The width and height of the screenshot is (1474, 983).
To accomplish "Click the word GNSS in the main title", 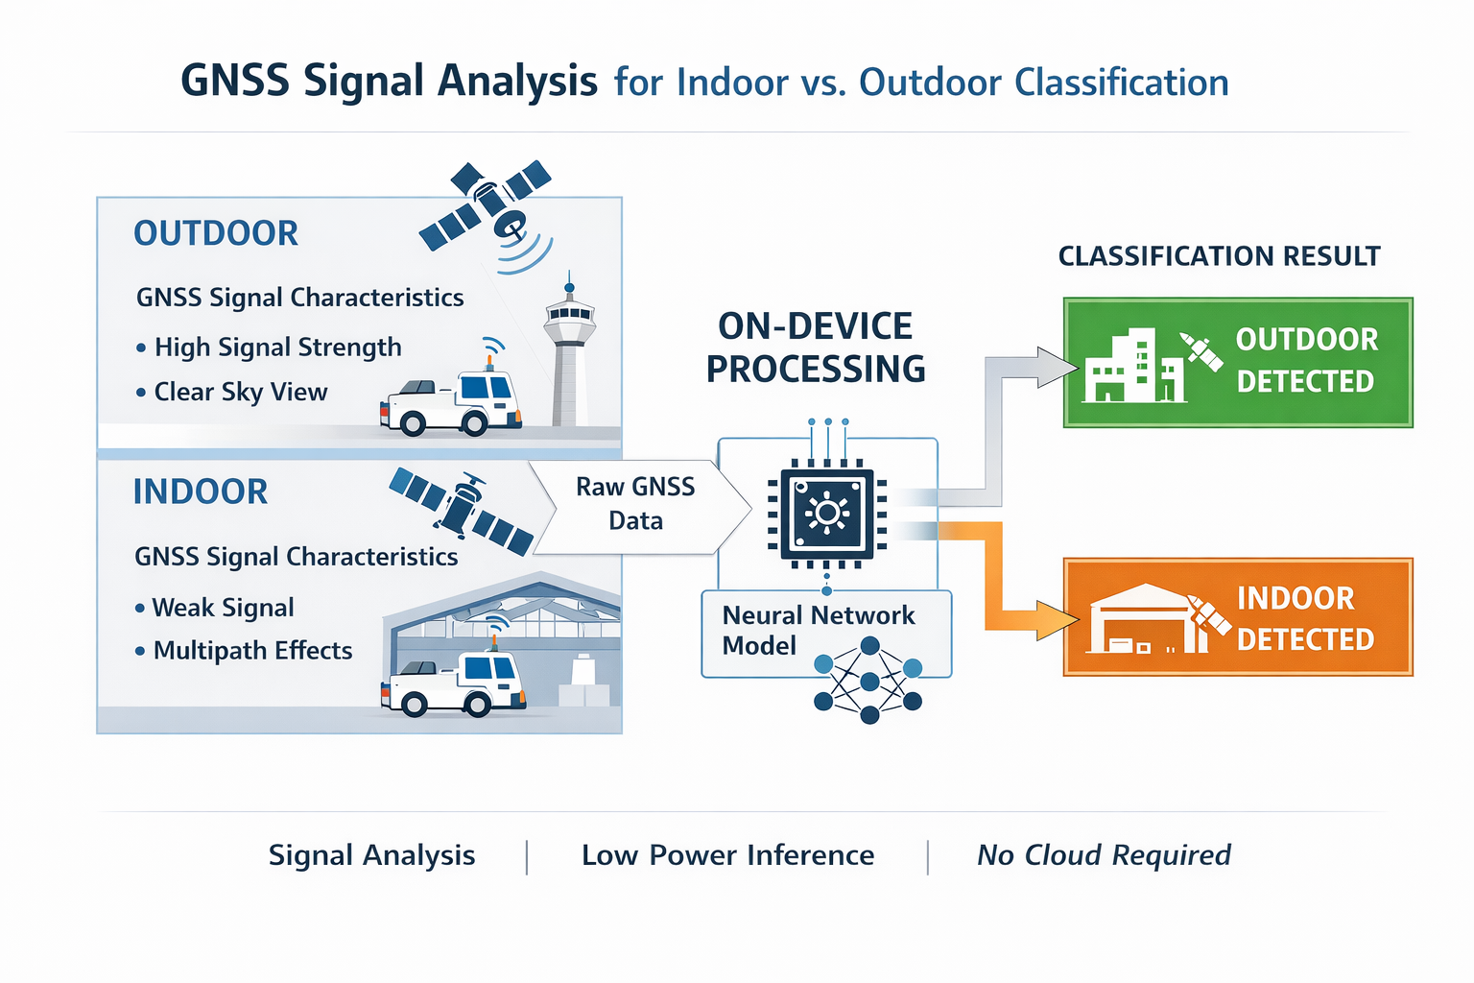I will point(235,82).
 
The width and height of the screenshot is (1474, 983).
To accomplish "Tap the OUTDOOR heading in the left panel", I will point(216,233).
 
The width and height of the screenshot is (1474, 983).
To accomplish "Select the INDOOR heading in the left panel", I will point(201,491).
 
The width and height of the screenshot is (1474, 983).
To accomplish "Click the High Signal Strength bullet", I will point(277,348).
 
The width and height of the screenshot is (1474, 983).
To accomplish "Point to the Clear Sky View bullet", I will point(240,392).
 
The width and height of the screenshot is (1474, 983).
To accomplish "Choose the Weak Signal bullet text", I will point(223,608).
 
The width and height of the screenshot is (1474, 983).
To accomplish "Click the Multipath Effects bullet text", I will point(252,651).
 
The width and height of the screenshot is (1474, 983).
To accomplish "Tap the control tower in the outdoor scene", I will point(569,355).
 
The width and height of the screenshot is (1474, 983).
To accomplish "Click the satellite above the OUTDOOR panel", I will point(487,204).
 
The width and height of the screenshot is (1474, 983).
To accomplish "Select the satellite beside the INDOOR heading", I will point(462,510).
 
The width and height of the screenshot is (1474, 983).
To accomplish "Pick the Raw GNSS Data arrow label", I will point(635,504).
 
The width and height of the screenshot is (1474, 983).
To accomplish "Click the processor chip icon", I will point(827,514).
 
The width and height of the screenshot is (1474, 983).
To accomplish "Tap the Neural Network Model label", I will point(818,630).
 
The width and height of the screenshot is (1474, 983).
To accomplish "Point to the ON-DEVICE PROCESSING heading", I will point(816,348).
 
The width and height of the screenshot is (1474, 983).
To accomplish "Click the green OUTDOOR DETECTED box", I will point(1238,362).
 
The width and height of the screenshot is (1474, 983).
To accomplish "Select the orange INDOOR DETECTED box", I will point(1238,617).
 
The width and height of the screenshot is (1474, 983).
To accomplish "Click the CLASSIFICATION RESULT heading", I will point(1219,256).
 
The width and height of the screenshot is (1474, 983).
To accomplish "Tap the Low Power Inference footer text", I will point(727,855).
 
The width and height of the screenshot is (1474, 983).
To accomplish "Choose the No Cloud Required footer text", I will point(1104,855).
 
